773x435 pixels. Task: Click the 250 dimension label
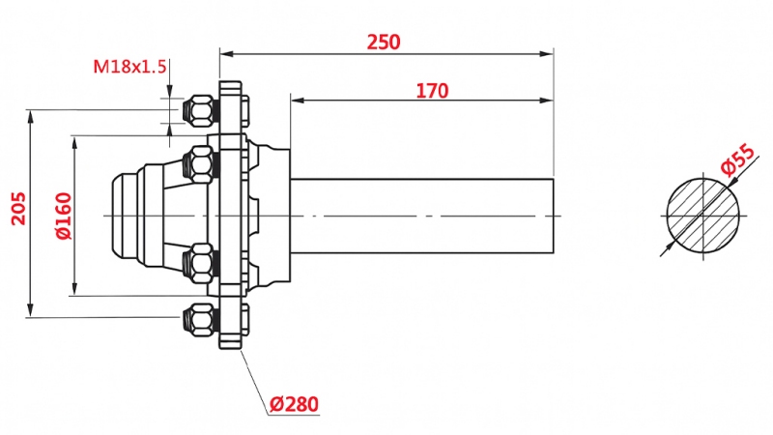click(384, 42)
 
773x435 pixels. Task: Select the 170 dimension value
click(432, 91)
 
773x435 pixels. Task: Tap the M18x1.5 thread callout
click(130, 67)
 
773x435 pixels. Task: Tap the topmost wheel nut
click(200, 109)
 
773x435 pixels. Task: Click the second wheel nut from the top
click(200, 163)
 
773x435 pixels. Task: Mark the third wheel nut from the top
click(200, 263)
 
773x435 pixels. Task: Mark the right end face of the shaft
click(552, 214)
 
